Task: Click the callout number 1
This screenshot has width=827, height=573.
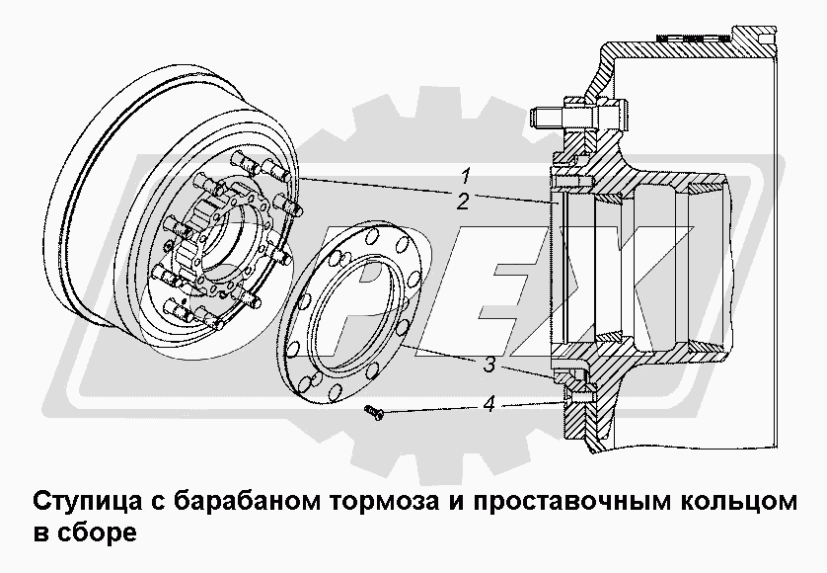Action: [465, 175]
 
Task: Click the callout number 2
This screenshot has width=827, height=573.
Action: [463, 202]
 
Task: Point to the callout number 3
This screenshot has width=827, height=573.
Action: [489, 364]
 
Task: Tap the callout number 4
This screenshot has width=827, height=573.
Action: [489, 404]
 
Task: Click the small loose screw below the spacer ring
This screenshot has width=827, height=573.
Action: [374, 412]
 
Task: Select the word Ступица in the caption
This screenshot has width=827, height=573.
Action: [88, 501]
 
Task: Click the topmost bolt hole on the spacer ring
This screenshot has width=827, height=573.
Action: [372, 233]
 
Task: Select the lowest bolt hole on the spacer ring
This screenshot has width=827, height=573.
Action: [336, 391]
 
